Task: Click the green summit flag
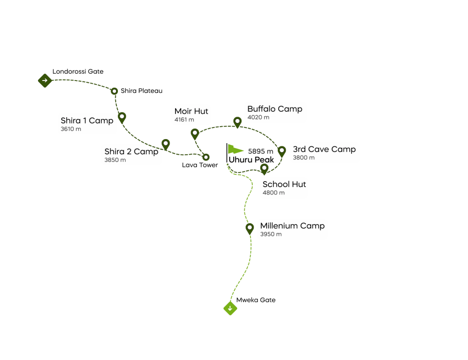[x=235, y=150]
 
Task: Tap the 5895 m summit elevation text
[x=261, y=151]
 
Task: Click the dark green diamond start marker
[x=45, y=81]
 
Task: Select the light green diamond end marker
[x=230, y=308]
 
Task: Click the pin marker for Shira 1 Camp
[x=122, y=117]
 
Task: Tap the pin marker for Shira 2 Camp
[x=165, y=144]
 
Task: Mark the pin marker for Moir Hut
[x=195, y=134]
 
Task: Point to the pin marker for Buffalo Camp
[x=237, y=122]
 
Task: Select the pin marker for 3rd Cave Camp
[x=282, y=150]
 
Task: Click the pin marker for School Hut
[x=264, y=168]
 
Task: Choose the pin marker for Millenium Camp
[x=250, y=228]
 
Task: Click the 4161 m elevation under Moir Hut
[x=184, y=120]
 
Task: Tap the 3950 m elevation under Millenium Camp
[x=271, y=234]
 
